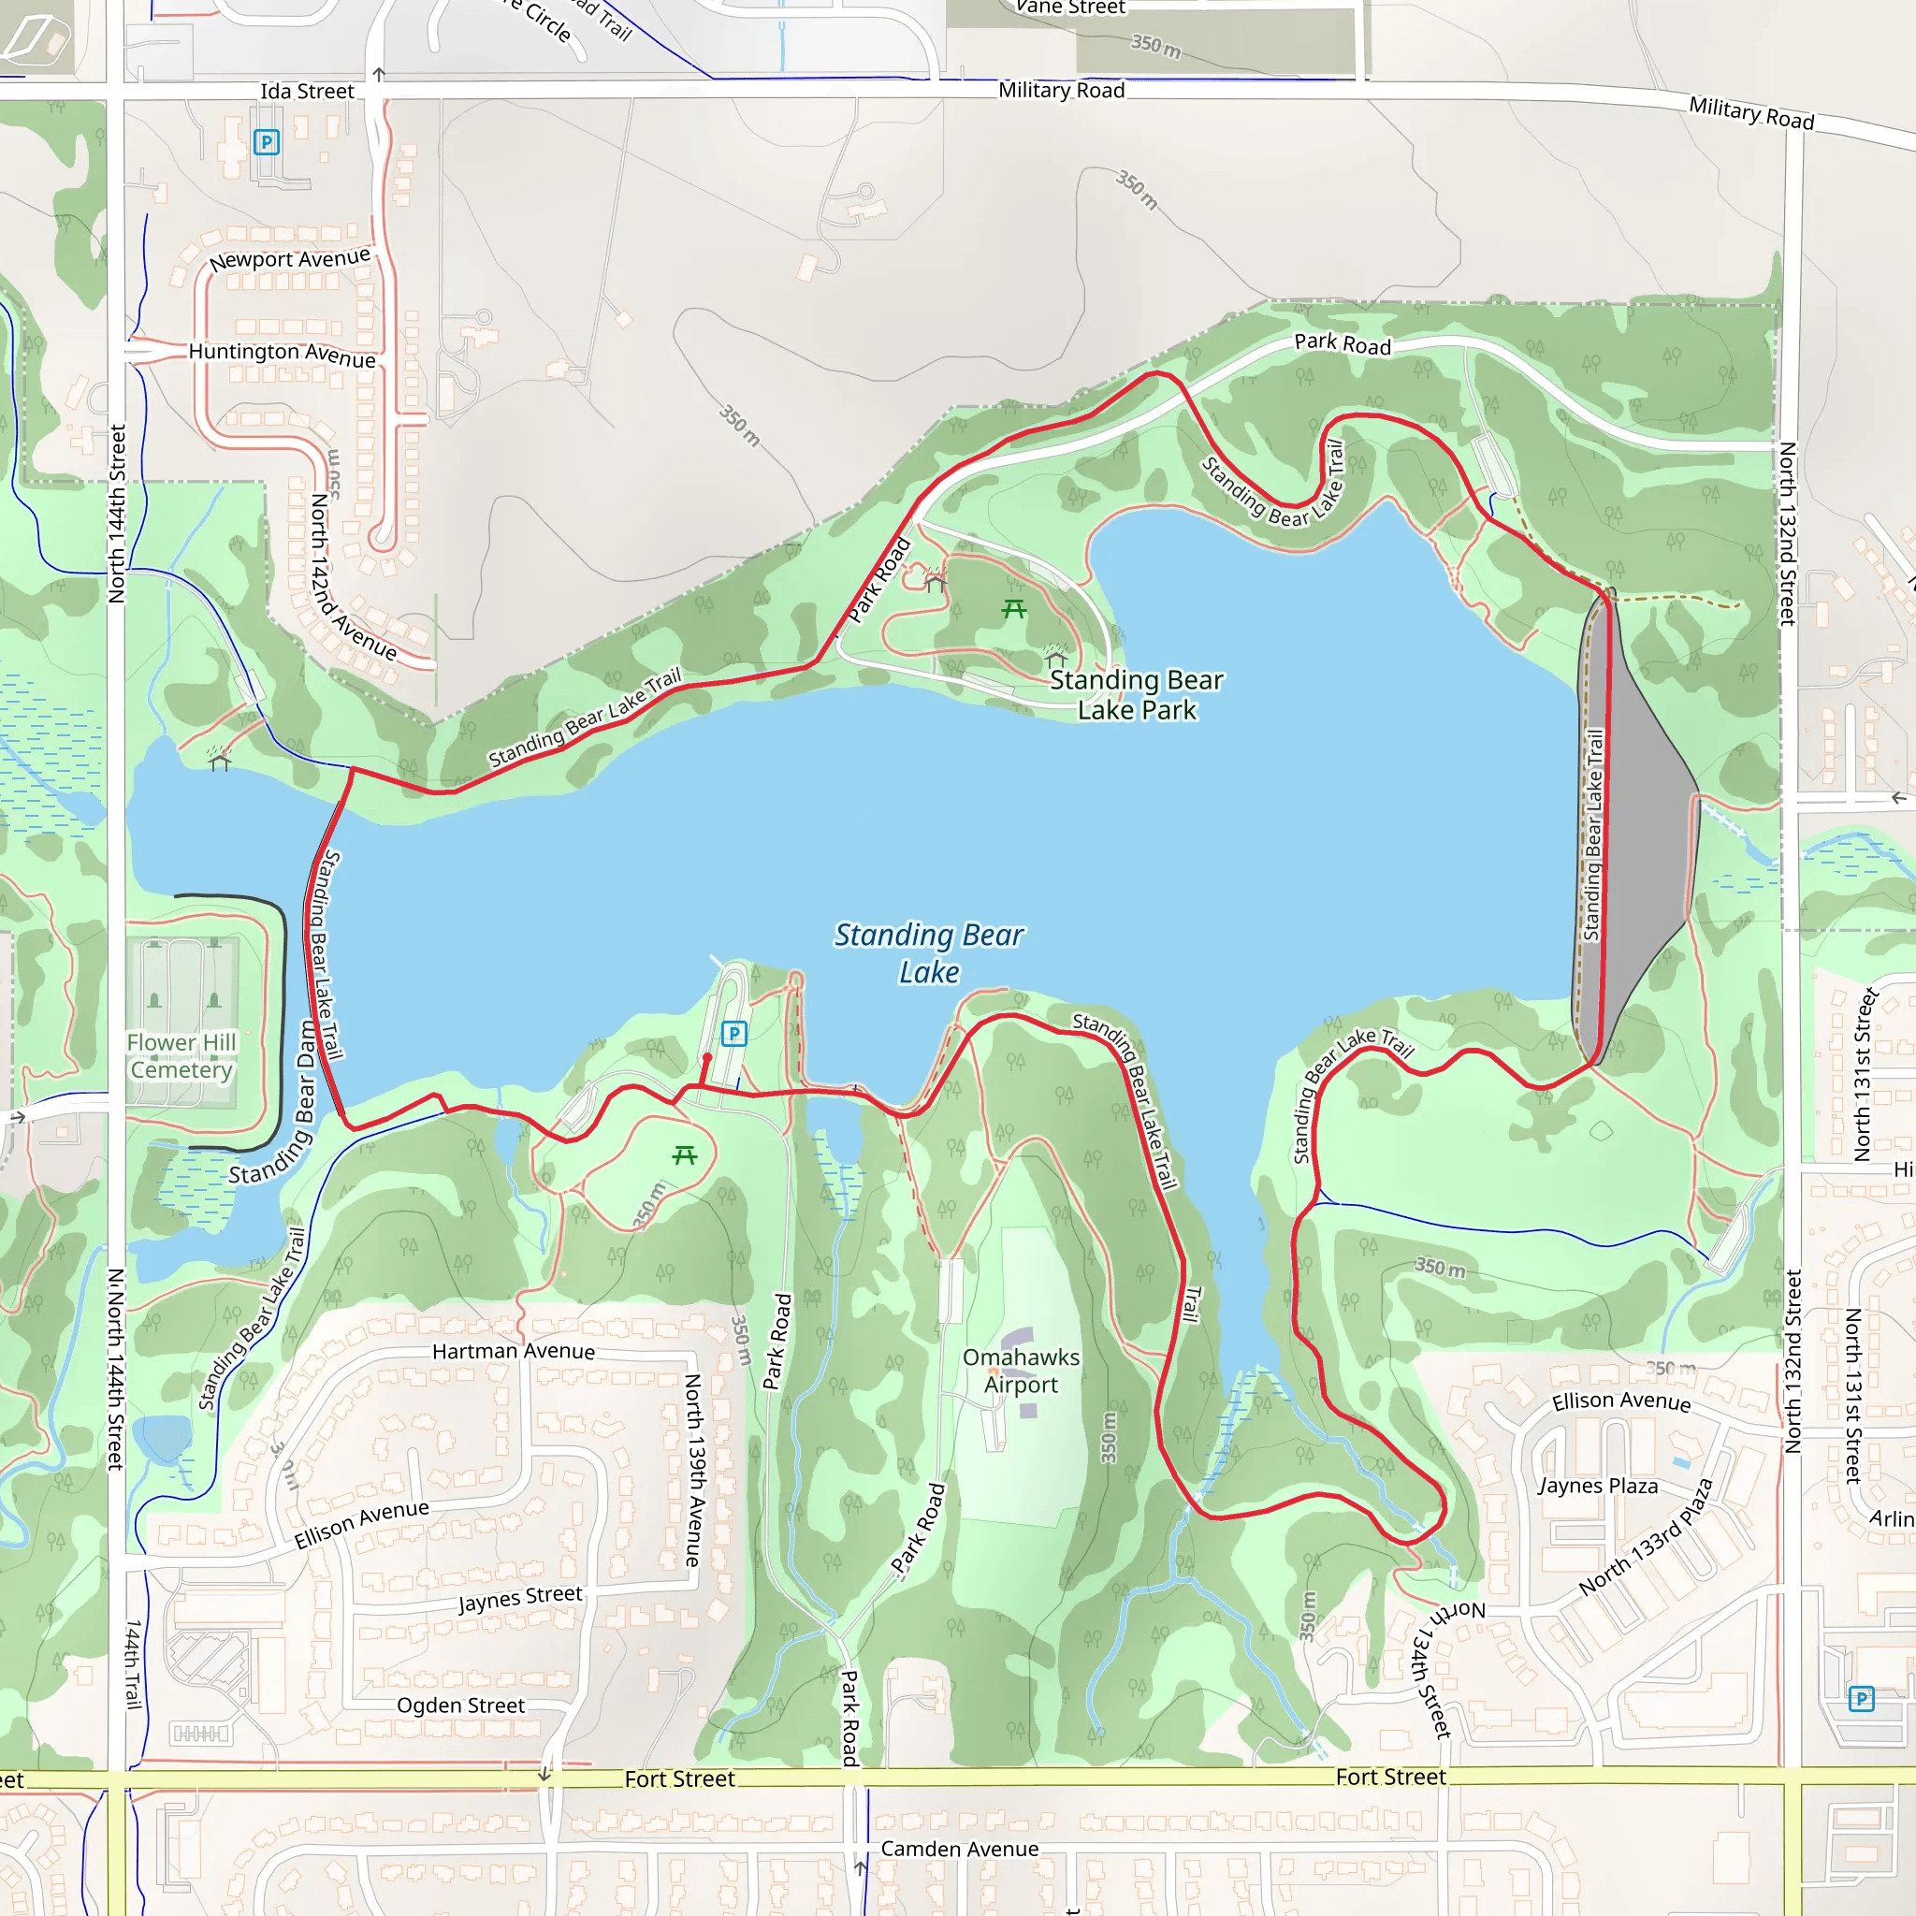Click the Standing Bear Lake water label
click(x=928, y=952)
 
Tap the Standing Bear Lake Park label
click(x=1137, y=695)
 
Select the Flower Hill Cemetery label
click(x=181, y=1056)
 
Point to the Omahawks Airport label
click(x=1021, y=1371)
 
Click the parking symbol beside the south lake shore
click(x=733, y=1034)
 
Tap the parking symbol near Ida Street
click(x=266, y=142)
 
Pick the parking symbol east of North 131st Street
click(x=1862, y=1700)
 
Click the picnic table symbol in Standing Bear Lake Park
click(x=1013, y=609)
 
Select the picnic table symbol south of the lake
click(x=684, y=1154)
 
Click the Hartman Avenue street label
click(x=514, y=1352)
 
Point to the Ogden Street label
click(x=460, y=1706)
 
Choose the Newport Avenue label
click(x=290, y=260)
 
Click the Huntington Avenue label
click(x=283, y=354)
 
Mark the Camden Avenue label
click(x=959, y=1850)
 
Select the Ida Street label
click(x=307, y=92)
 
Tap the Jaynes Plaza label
click(x=1598, y=1486)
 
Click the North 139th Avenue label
click(x=693, y=1470)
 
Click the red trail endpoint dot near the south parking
click(x=707, y=1059)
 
